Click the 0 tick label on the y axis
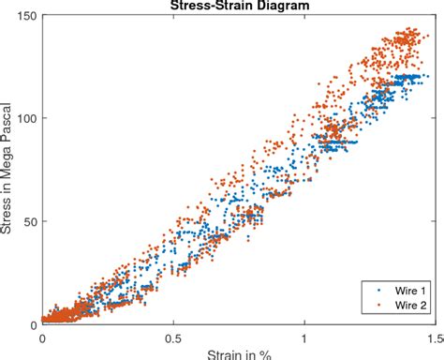coord(32,325)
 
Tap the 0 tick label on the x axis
coord(42,337)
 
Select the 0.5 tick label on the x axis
coord(173,337)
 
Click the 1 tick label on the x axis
coord(304,337)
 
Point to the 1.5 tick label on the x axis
coord(433,337)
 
